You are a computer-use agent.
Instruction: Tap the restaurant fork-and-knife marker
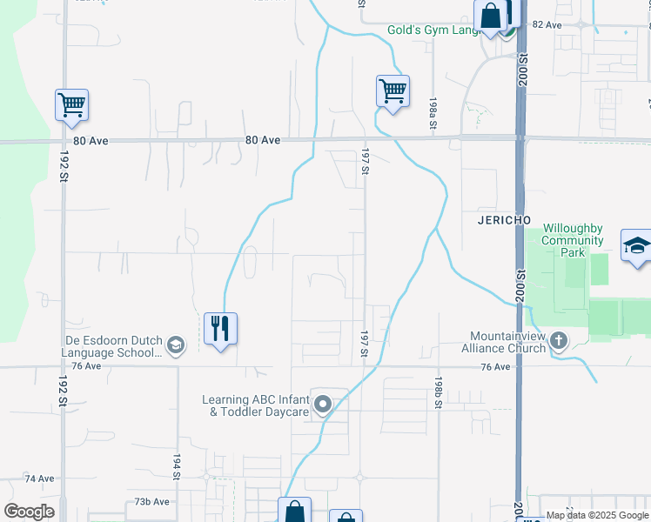(220, 329)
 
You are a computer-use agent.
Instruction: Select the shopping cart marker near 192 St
(71, 105)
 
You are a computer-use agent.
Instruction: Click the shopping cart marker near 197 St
(393, 90)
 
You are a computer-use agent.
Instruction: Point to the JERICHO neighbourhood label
(505, 221)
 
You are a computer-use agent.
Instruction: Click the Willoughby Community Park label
(573, 240)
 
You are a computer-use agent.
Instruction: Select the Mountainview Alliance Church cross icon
(558, 340)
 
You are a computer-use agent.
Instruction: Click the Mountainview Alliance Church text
(508, 342)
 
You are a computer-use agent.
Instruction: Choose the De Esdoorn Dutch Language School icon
(176, 346)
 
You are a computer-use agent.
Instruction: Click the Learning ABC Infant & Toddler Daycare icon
(323, 405)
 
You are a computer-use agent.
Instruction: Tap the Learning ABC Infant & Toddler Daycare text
(256, 405)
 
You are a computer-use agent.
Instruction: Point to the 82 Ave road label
(547, 25)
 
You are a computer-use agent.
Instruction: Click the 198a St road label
(433, 114)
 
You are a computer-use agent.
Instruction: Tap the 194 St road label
(175, 467)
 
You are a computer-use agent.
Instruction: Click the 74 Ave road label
(40, 478)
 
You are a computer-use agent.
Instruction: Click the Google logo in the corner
(29, 512)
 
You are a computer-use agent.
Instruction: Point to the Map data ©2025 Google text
(598, 516)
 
